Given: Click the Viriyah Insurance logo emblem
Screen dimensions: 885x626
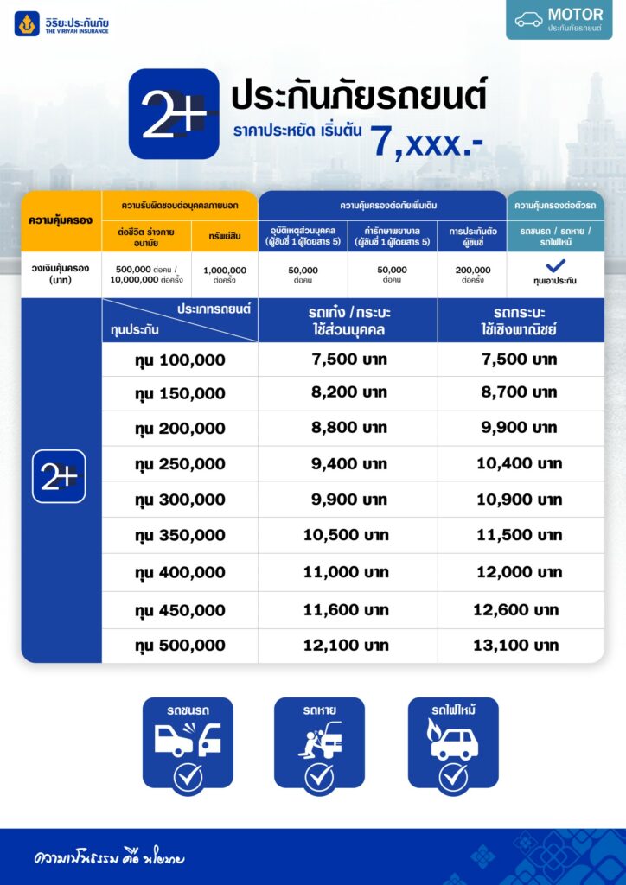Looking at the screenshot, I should coord(27,23).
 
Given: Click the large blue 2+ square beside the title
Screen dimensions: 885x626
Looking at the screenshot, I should coord(173,113).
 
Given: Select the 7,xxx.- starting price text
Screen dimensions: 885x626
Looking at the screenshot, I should coord(427,140).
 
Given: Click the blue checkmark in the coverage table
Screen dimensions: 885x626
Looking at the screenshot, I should coord(555,266).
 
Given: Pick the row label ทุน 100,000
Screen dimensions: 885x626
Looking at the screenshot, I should coord(180,360).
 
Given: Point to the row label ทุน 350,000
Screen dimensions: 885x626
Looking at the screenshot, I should coord(180,536).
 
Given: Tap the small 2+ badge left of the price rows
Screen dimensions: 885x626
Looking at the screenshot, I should coord(59,476).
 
